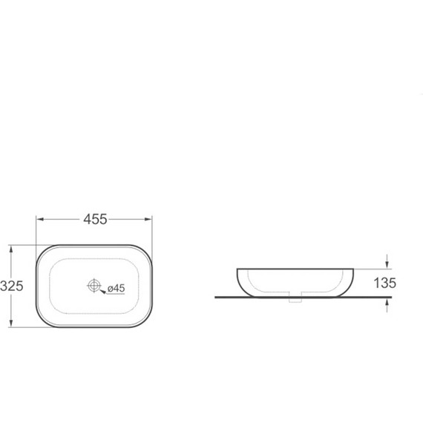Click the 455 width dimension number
tap(95, 220)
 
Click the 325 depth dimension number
tap(12, 286)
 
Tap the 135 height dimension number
tap(384, 283)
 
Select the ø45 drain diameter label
tap(117, 289)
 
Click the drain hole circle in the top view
tap(94, 286)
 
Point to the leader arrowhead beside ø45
tap(103, 292)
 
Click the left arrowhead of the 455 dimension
tap(40, 220)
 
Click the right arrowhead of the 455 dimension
tap(148, 220)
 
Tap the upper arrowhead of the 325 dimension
tap(11, 249)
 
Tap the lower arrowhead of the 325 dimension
tap(11, 323)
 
